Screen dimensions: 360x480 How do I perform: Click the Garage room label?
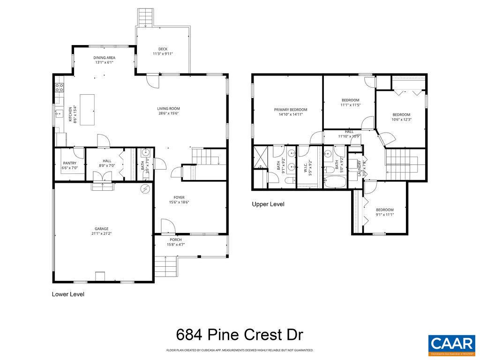point(102,229)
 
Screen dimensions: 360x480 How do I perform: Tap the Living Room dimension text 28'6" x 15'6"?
point(168,113)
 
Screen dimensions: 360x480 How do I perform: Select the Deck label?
point(163,49)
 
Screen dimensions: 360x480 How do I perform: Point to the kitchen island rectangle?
point(87,110)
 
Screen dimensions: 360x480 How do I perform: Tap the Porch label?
point(176,240)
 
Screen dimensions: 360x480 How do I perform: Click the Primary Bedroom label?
point(291,110)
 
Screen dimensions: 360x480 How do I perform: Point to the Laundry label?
point(360,168)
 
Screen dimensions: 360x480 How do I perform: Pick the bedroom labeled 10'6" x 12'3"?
point(401,114)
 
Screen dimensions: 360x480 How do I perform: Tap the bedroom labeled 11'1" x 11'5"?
point(350,100)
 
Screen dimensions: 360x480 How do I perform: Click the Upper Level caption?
point(268,204)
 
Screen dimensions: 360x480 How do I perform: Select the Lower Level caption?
point(68,294)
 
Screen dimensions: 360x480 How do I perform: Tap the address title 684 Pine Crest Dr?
point(240,335)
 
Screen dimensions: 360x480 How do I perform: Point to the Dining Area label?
point(105,58)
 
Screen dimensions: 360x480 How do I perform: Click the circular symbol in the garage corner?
point(146,189)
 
